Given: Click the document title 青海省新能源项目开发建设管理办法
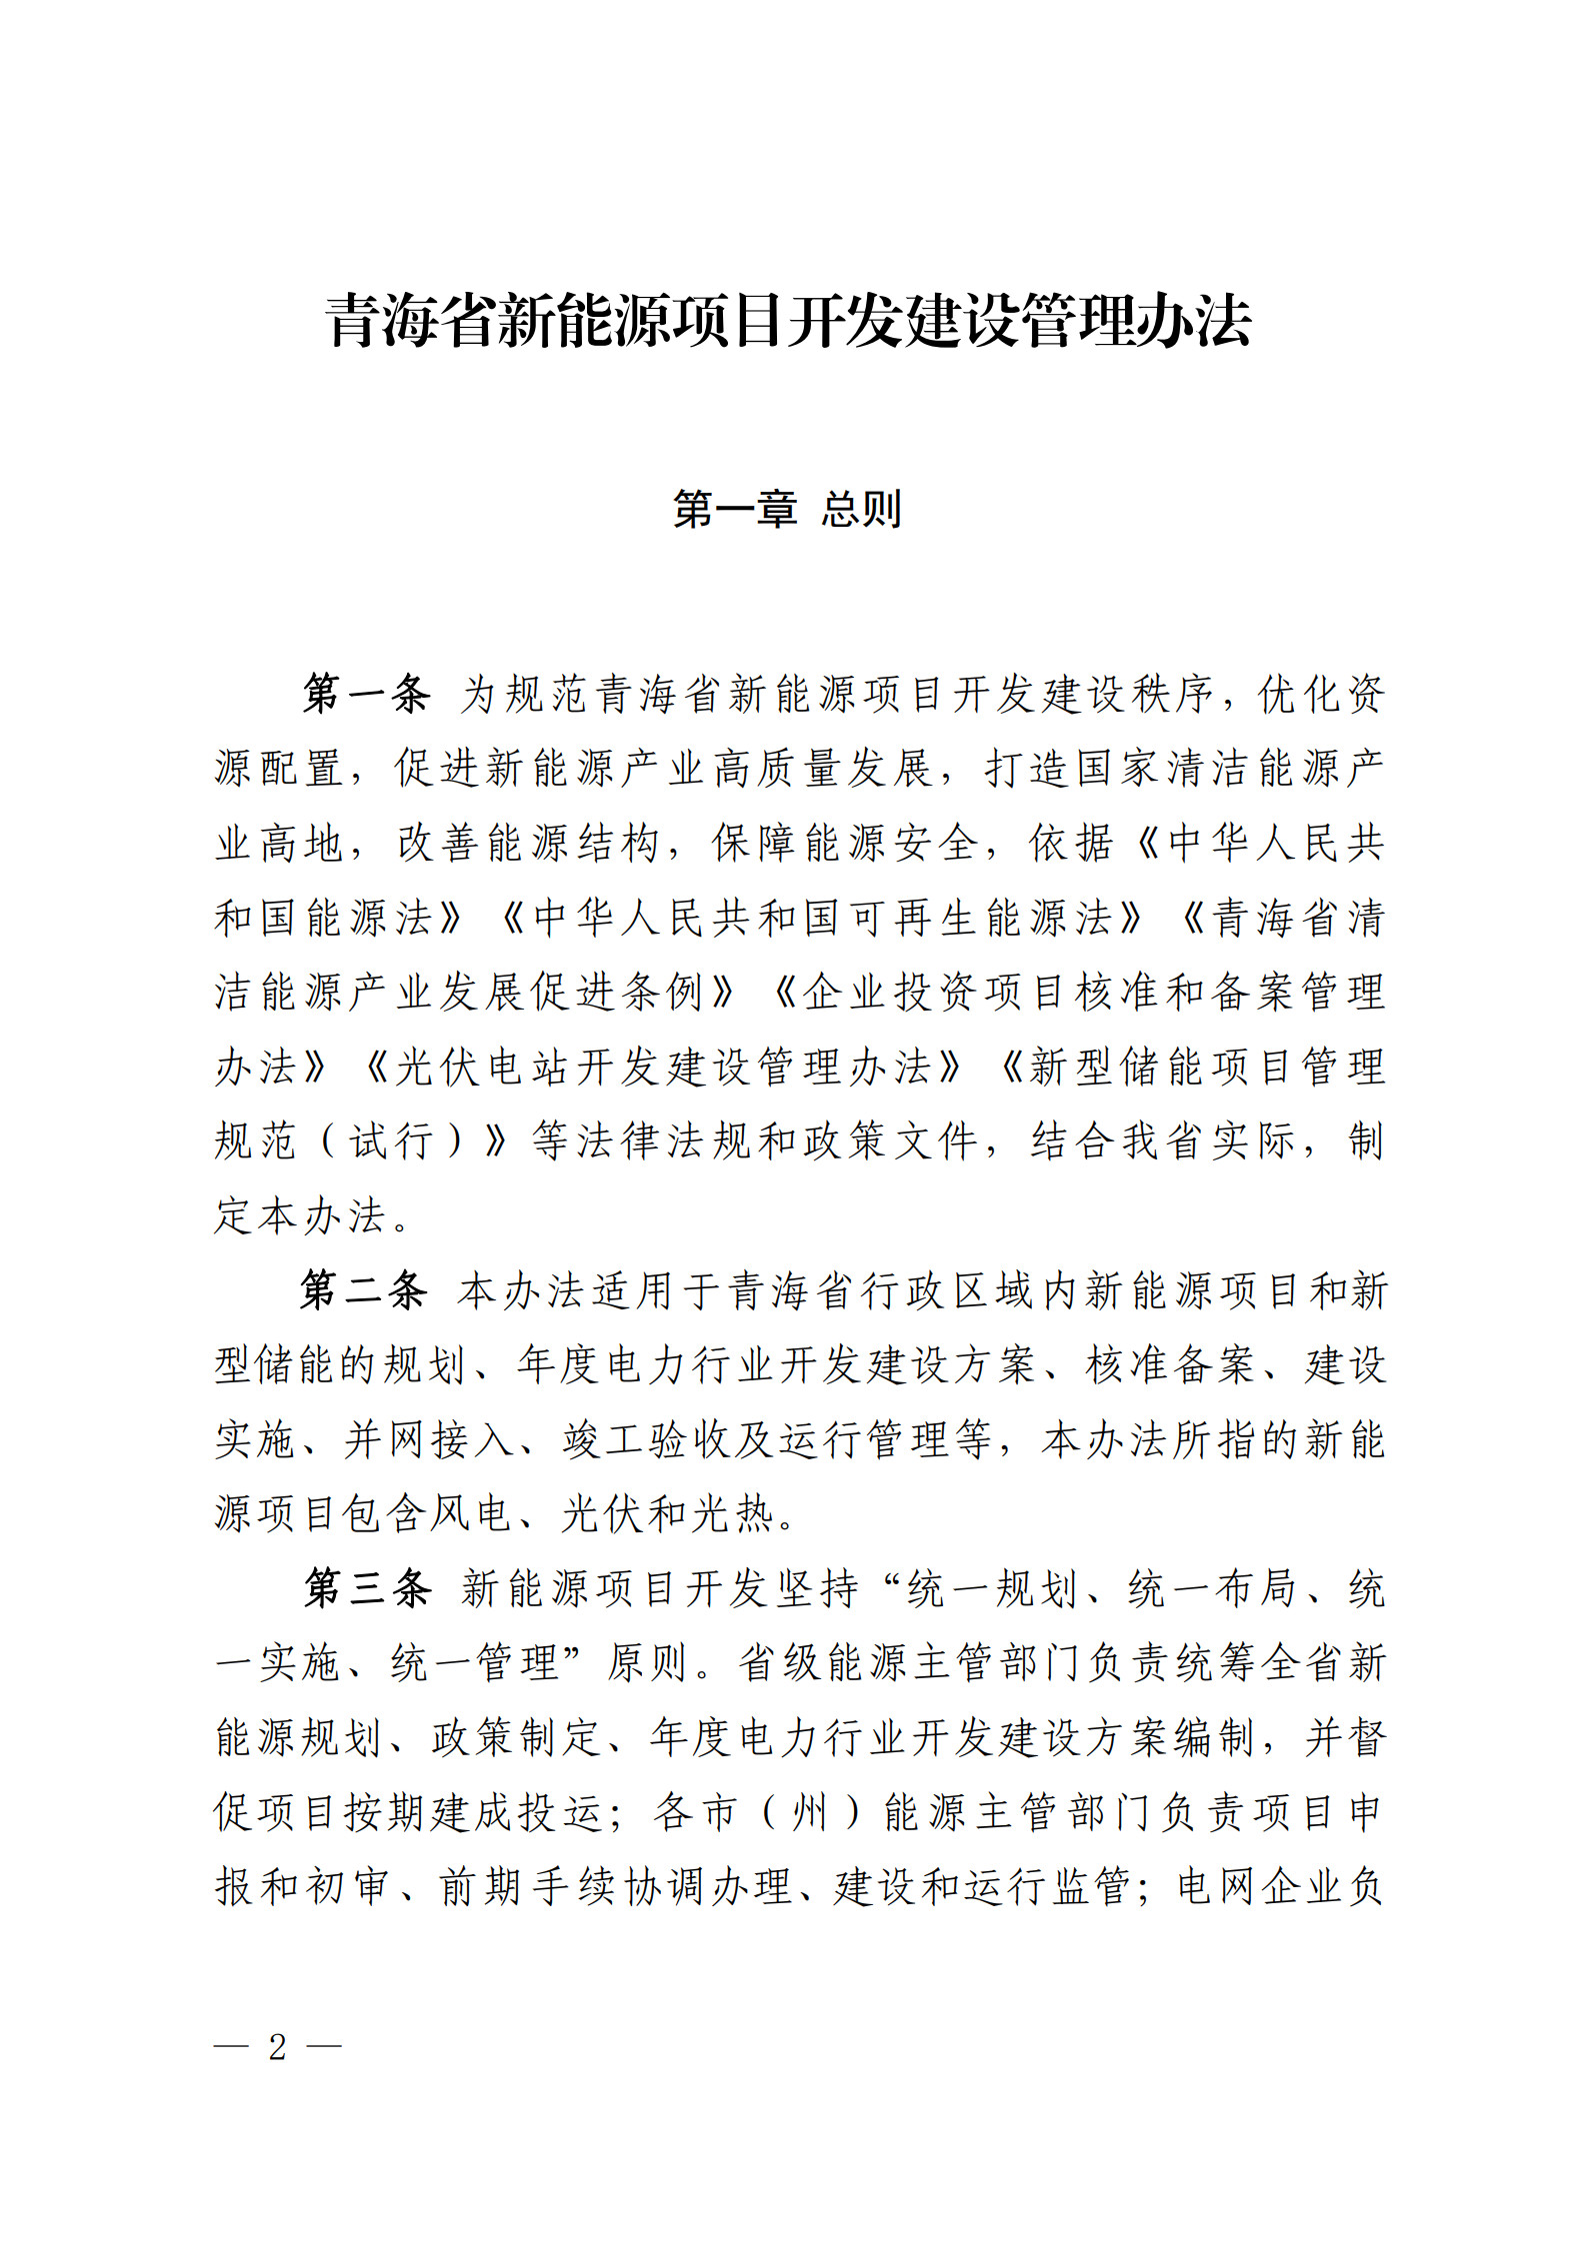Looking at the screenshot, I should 788,322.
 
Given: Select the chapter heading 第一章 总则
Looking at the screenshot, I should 788,509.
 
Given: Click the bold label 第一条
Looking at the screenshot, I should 366,694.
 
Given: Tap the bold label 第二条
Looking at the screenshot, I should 364,1290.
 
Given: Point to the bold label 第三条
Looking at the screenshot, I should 366,1588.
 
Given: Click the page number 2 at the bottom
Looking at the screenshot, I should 277,2047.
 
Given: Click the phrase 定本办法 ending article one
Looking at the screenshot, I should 300,1216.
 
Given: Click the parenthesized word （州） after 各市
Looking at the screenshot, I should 811,1812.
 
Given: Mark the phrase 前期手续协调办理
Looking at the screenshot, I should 614,1887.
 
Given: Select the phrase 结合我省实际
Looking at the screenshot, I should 1164,1141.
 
